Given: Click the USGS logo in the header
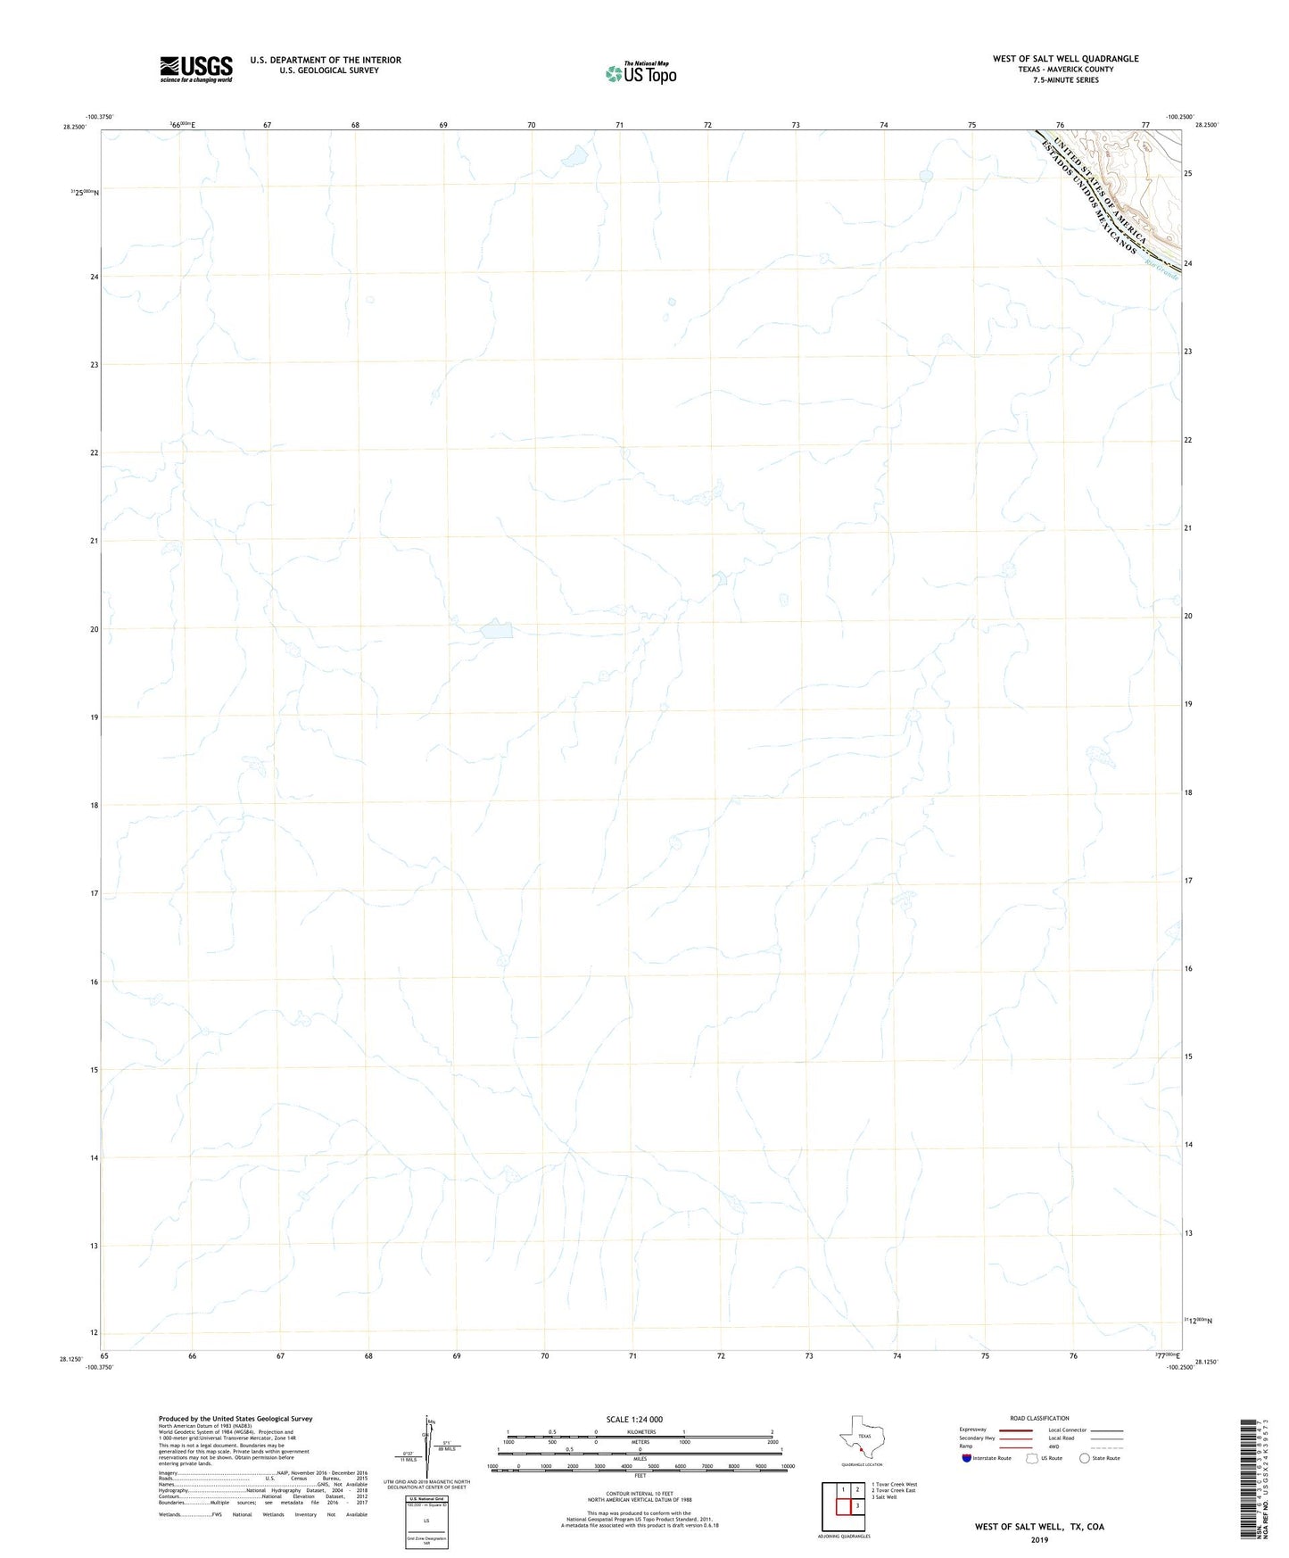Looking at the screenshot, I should coord(196,69).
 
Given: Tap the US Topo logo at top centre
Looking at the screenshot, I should coord(640,73).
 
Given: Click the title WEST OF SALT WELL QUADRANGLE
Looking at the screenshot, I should coord(1065,59).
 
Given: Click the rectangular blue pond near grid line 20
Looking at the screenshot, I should coord(497,631).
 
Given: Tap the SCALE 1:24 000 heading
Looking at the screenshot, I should coord(634,1419).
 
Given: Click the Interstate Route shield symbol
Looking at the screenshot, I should coord(967,1458).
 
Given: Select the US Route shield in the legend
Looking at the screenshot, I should coord(1032,1458).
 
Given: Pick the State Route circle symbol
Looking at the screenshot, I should coord(1084,1458).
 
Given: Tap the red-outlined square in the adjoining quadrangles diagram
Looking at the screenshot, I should coord(843,1506).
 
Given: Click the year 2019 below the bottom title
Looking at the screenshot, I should coord(1039,1539).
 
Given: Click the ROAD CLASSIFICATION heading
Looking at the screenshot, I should coord(1039,1418).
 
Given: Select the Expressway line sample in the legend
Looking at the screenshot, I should coord(1016,1430).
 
